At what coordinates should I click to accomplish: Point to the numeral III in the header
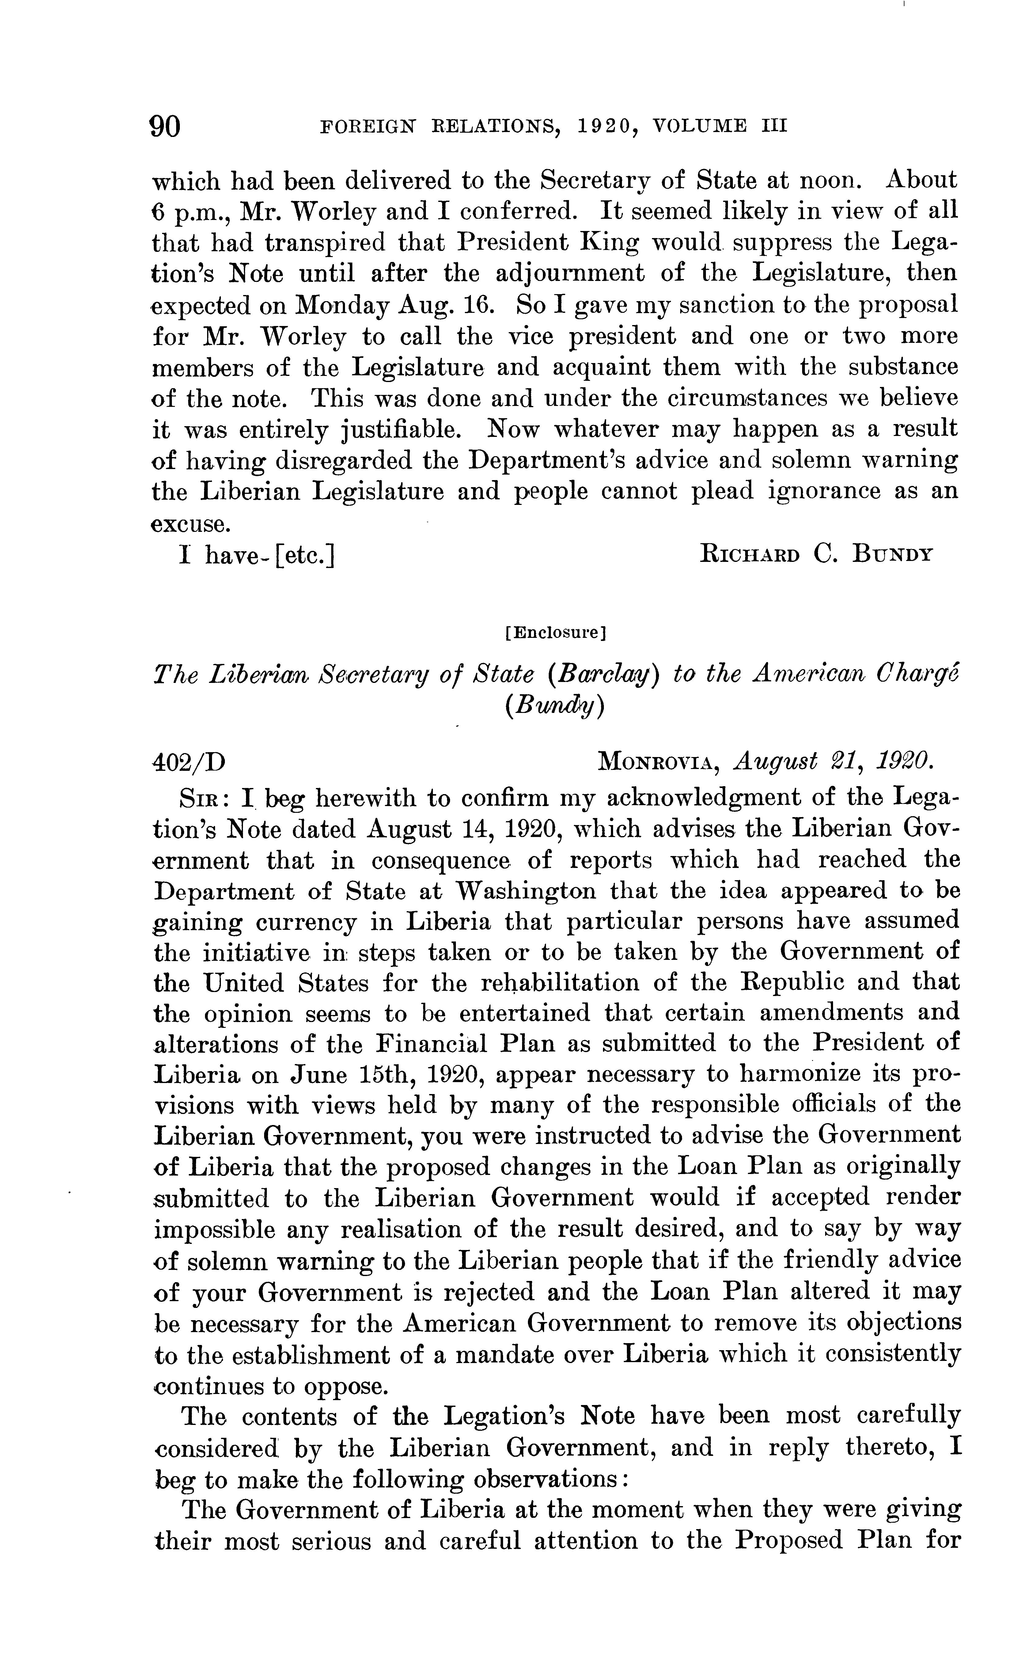pyautogui.click(x=773, y=126)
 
